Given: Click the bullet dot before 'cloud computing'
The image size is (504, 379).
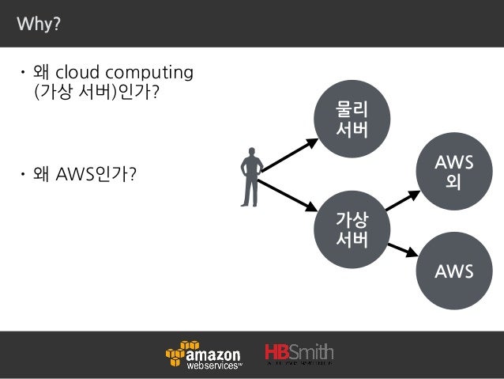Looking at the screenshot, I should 24,75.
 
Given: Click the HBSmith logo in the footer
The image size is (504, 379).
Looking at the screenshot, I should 299,354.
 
